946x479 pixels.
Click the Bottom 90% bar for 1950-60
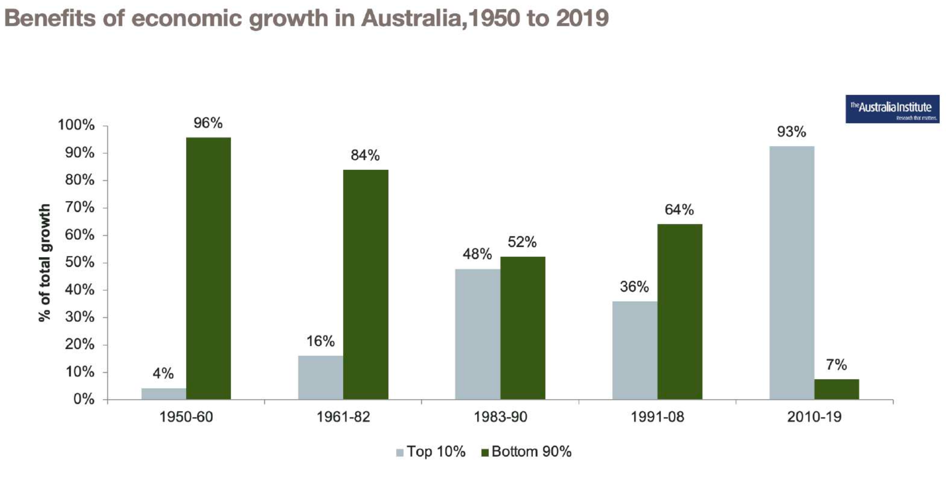tap(208, 268)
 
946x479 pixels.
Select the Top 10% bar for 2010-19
tap(791, 272)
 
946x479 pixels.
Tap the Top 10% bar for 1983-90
tap(477, 334)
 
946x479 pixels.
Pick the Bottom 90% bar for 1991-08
tap(679, 312)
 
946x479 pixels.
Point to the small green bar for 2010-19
tap(836, 389)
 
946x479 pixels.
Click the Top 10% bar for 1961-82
tap(320, 377)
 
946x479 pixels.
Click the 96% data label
tap(208, 123)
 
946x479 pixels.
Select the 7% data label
tap(836, 365)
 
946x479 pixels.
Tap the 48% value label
tap(477, 254)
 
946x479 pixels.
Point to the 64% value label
tap(679, 209)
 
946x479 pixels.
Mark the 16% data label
tap(320, 341)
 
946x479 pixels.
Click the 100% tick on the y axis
tap(76, 125)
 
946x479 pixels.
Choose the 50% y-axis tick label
tap(79, 262)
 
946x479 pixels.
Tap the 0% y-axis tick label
tap(84, 400)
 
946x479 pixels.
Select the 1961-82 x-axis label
tap(343, 417)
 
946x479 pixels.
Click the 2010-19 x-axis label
tap(814, 417)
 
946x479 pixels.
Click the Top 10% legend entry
tap(431, 452)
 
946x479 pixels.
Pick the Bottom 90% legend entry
tap(526, 452)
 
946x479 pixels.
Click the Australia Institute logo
tap(892, 109)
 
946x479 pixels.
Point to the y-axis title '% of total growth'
tap(44, 262)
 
